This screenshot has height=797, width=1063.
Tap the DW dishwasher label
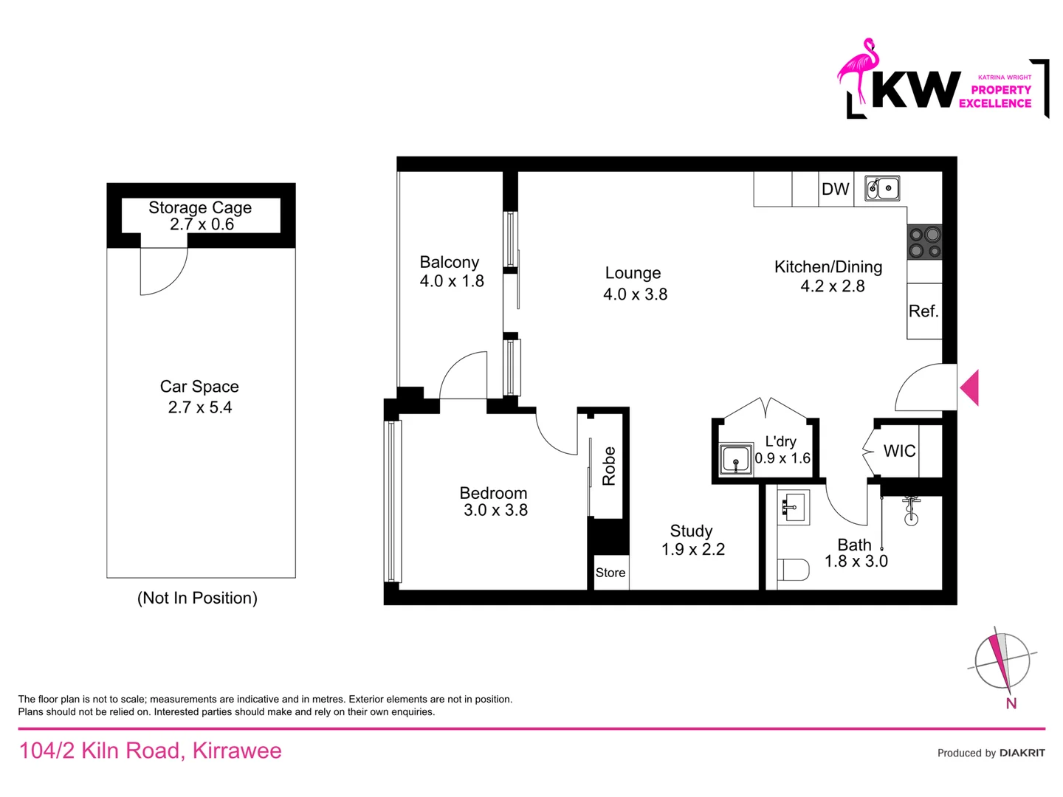[835, 189]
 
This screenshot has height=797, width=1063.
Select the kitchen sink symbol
[882, 188]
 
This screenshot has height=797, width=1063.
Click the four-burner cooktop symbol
[924, 242]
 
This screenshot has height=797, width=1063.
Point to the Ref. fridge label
[923, 311]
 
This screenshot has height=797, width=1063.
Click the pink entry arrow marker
[970, 387]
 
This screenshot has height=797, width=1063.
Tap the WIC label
[899, 451]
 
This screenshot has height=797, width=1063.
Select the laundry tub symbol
[735, 460]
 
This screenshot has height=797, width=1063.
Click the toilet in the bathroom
[792, 570]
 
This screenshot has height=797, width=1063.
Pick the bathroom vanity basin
[791, 506]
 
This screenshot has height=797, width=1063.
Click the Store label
[610, 573]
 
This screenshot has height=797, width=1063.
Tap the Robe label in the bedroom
[609, 466]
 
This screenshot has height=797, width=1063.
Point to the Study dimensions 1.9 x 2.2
[693, 550]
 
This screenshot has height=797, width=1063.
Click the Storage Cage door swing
[164, 271]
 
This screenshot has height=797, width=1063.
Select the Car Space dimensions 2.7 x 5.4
[200, 407]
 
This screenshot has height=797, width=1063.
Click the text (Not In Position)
[197, 598]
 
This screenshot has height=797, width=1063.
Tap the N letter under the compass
[1011, 704]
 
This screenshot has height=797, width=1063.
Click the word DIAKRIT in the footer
[1022, 753]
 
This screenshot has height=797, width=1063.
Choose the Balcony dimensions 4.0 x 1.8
[452, 281]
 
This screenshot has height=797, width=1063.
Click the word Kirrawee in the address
[237, 751]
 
